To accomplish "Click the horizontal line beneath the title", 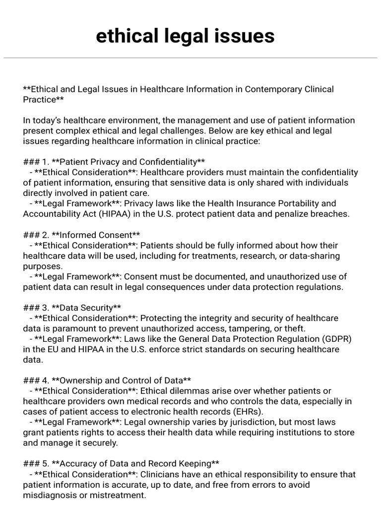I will click(x=190, y=58).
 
